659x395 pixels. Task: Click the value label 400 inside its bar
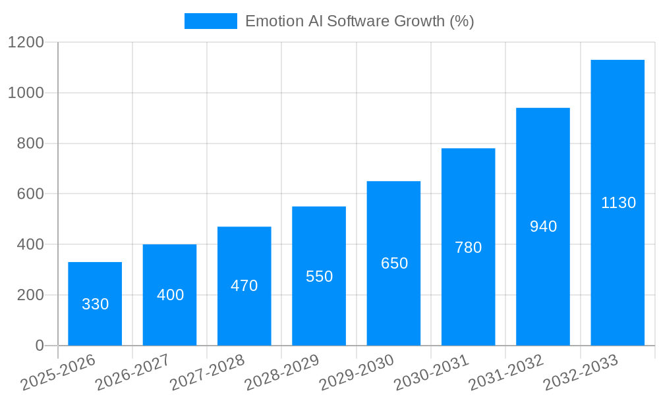tap(170, 295)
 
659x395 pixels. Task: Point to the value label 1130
tap(618, 203)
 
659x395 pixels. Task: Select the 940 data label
tap(543, 226)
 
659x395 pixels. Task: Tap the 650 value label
tap(394, 263)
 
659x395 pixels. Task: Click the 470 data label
tap(244, 286)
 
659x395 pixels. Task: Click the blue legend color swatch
tap(210, 21)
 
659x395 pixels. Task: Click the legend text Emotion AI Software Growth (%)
tap(360, 21)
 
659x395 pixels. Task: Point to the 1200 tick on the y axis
tap(26, 42)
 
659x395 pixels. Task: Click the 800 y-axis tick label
tap(30, 144)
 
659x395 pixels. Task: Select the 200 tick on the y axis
tap(30, 295)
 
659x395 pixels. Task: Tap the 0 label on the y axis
tap(40, 346)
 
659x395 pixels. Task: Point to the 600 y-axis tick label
tap(30, 194)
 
